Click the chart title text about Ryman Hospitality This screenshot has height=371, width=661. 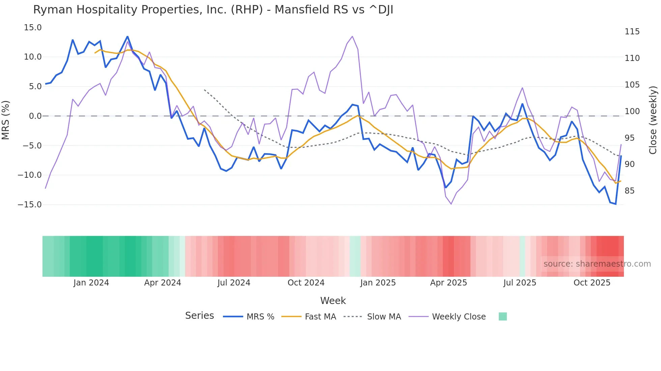[x=213, y=10]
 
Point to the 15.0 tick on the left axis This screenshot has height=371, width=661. [x=33, y=28]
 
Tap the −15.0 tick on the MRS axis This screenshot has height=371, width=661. [x=30, y=205]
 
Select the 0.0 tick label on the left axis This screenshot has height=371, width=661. [x=35, y=116]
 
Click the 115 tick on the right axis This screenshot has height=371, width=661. [x=632, y=32]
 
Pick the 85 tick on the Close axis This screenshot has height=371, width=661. [x=629, y=191]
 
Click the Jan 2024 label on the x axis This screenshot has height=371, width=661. [x=91, y=283]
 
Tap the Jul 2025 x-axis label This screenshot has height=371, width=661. [x=520, y=283]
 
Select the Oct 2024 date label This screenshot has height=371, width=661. [x=306, y=283]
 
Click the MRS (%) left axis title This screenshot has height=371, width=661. [x=6, y=120]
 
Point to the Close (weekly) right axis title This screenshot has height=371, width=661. [x=653, y=120]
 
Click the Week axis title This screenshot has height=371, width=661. [x=333, y=301]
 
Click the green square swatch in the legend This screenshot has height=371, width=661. [x=502, y=316]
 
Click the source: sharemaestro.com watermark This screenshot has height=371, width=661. [x=597, y=264]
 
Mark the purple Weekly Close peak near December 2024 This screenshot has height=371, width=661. [x=352, y=36]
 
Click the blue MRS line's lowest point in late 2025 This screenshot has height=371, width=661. [x=615, y=204]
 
